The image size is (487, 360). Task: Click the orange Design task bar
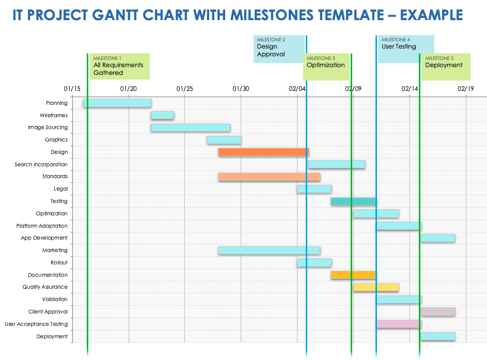point(263,152)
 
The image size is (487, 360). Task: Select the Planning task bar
point(117,103)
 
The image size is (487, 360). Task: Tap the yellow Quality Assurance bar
point(376,287)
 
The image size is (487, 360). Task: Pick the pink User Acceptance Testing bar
point(398,324)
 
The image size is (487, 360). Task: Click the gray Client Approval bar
point(438,312)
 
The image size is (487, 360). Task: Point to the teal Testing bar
point(353,201)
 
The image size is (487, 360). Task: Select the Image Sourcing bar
point(190,128)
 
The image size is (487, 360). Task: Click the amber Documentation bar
point(353,275)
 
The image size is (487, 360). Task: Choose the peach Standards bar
point(269,177)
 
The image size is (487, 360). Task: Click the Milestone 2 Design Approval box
point(278,49)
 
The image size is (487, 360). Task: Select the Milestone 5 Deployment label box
point(446,66)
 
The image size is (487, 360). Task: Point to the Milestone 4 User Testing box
point(406,49)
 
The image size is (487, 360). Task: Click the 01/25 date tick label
point(184,89)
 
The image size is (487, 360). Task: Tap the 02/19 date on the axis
point(466,89)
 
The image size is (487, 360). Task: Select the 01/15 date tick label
point(72,89)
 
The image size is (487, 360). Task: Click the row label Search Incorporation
point(41,165)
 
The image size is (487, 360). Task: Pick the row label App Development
point(44,238)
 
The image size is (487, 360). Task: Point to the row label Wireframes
point(54,116)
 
